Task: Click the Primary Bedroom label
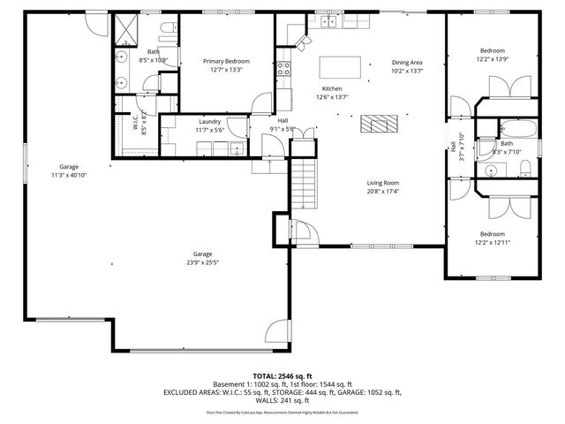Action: coord(226,61)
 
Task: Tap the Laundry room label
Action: coord(209,121)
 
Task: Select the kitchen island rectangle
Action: coord(341,66)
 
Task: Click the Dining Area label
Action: coord(407,62)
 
